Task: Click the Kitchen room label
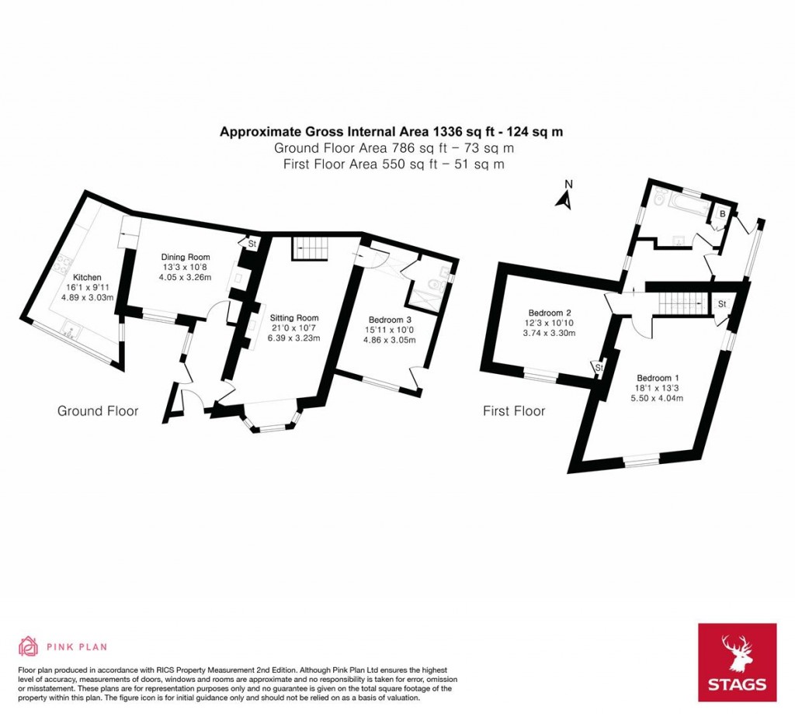pyautogui.click(x=87, y=277)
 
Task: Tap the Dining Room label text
pyautogui.click(x=186, y=257)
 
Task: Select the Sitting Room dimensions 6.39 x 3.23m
pyautogui.click(x=294, y=338)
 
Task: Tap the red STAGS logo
pyautogui.click(x=737, y=662)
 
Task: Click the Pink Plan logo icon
pyautogui.click(x=28, y=646)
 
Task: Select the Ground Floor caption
pyautogui.click(x=98, y=410)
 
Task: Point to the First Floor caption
pyautogui.click(x=514, y=410)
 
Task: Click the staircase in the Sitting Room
pyautogui.click(x=309, y=249)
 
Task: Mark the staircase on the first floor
pyautogui.click(x=680, y=299)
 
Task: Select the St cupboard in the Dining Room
pyautogui.click(x=252, y=244)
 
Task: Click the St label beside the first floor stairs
pyautogui.click(x=723, y=303)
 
